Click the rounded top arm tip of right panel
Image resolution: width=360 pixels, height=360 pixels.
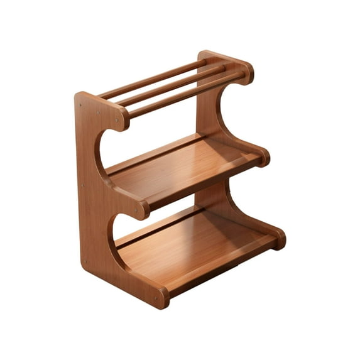[245, 71]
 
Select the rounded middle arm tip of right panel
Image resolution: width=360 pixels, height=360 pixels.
[263, 157]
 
